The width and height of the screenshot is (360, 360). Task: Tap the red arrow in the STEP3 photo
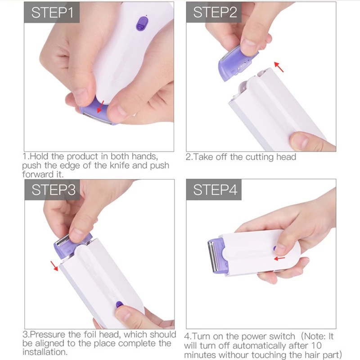tap(55, 266)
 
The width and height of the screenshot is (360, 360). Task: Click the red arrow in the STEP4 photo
tap(280, 258)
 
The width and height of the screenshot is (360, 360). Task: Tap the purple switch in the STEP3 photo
tap(119, 305)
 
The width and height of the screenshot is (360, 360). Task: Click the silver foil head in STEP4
tap(211, 256)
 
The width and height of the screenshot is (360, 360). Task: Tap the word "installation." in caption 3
tap(45, 351)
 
